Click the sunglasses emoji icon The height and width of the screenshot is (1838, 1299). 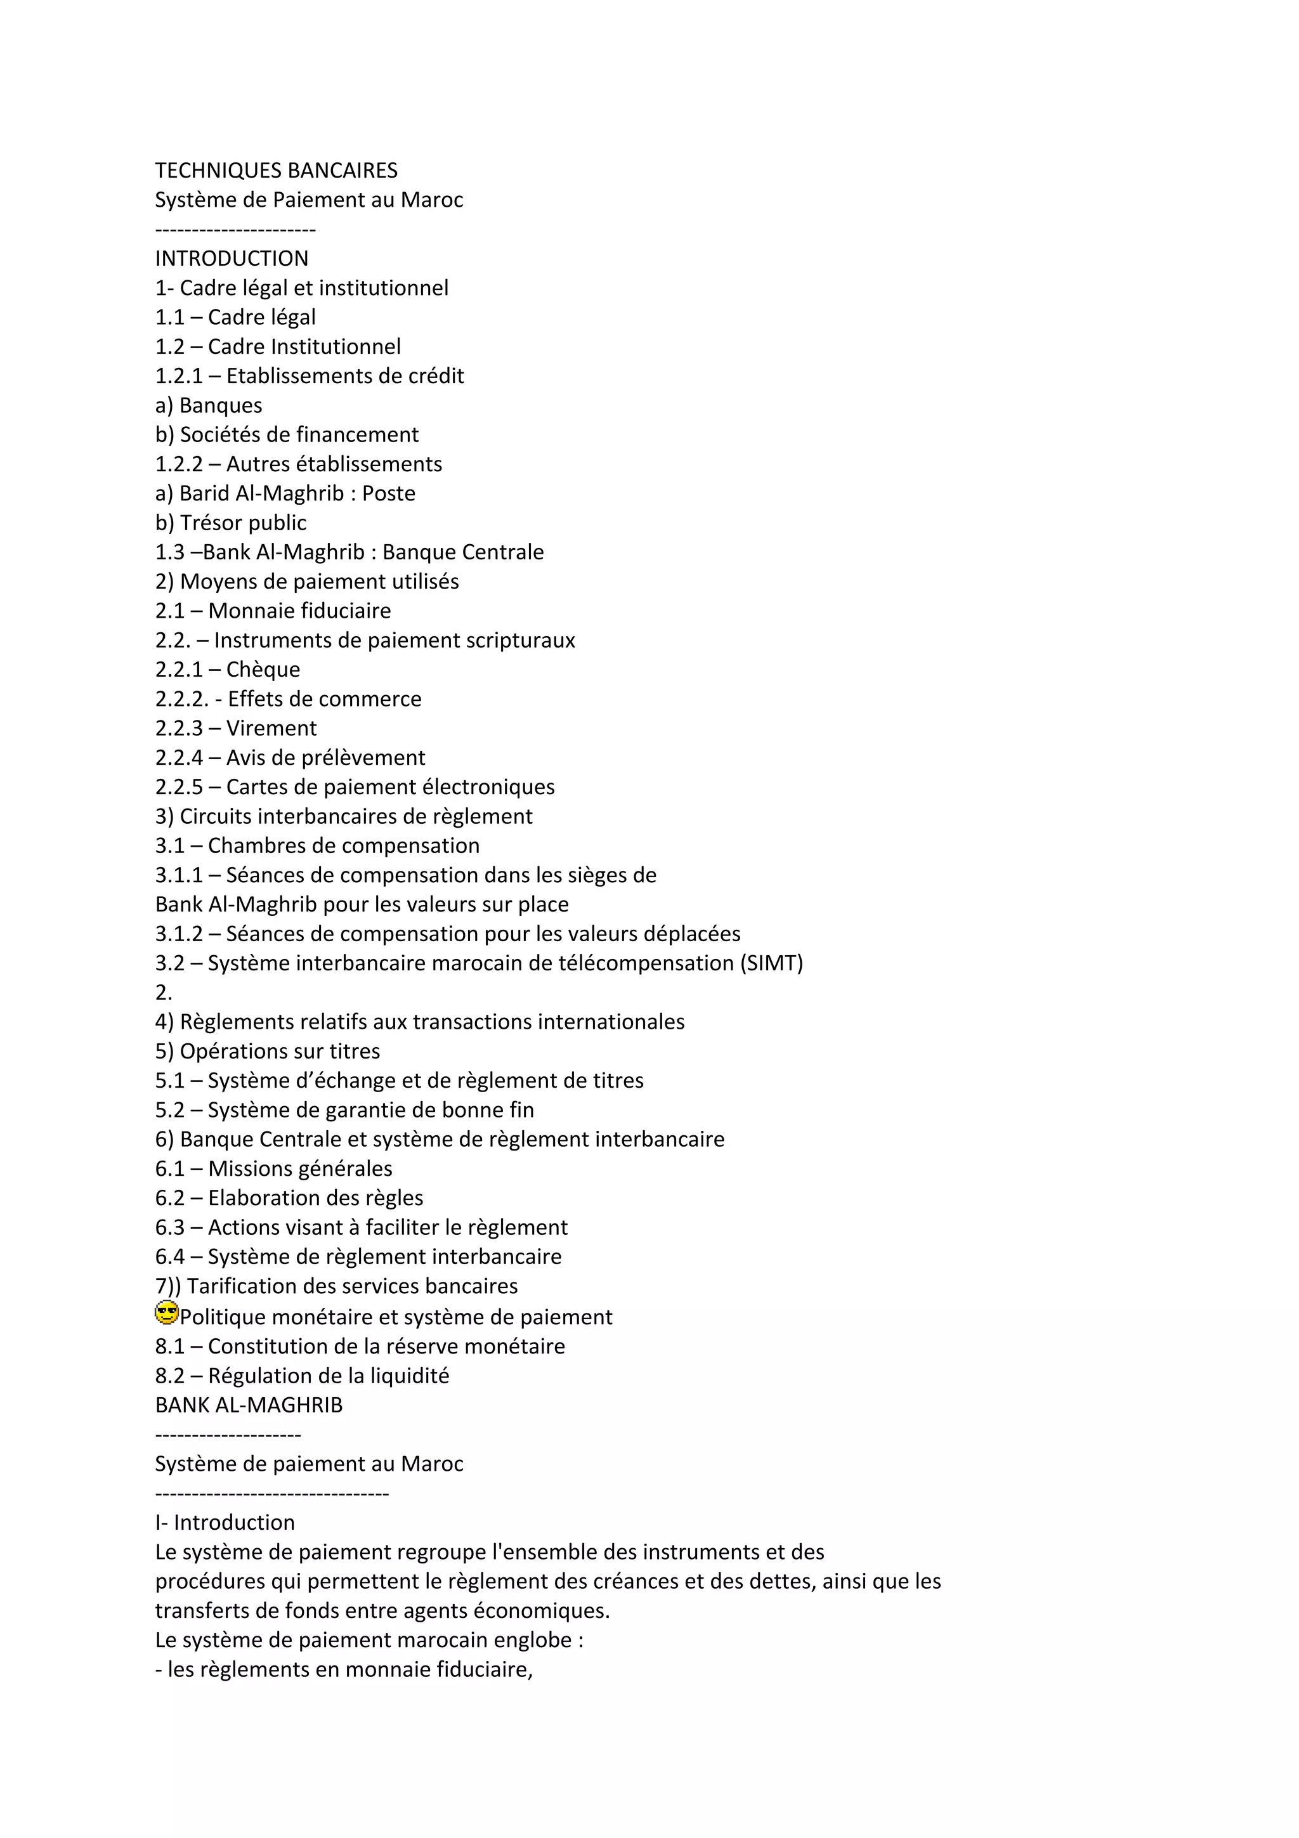pyautogui.click(x=166, y=1313)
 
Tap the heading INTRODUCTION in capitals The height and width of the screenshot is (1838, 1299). pyautogui.click(x=232, y=259)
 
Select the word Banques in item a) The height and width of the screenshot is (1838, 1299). pyautogui.click(x=220, y=406)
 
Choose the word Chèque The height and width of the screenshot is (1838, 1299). pyautogui.click(x=263, y=669)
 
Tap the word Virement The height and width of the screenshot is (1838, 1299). pyautogui.click(x=271, y=729)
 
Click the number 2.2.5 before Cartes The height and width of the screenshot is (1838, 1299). pyautogui.click(x=180, y=787)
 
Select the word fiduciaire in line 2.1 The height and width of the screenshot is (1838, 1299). pyautogui.click(x=345, y=611)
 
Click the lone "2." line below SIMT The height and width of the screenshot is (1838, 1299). pyautogui.click(x=163, y=993)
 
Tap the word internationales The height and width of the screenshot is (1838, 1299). pyautogui.click(x=611, y=1022)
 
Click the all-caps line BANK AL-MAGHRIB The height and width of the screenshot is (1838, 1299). pyautogui.click(x=248, y=1405)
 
